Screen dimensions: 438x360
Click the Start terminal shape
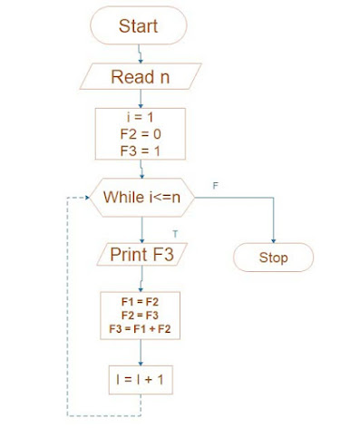[139, 26]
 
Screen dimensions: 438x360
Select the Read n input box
[140, 76]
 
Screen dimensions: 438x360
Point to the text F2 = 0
[141, 134]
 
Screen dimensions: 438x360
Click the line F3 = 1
[141, 150]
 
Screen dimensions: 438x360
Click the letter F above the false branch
[215, 185]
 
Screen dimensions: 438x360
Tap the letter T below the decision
[175, 233]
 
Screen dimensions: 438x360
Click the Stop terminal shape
[273, 258]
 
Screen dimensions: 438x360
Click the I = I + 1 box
[140, 380]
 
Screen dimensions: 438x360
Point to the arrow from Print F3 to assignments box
[141, 278]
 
